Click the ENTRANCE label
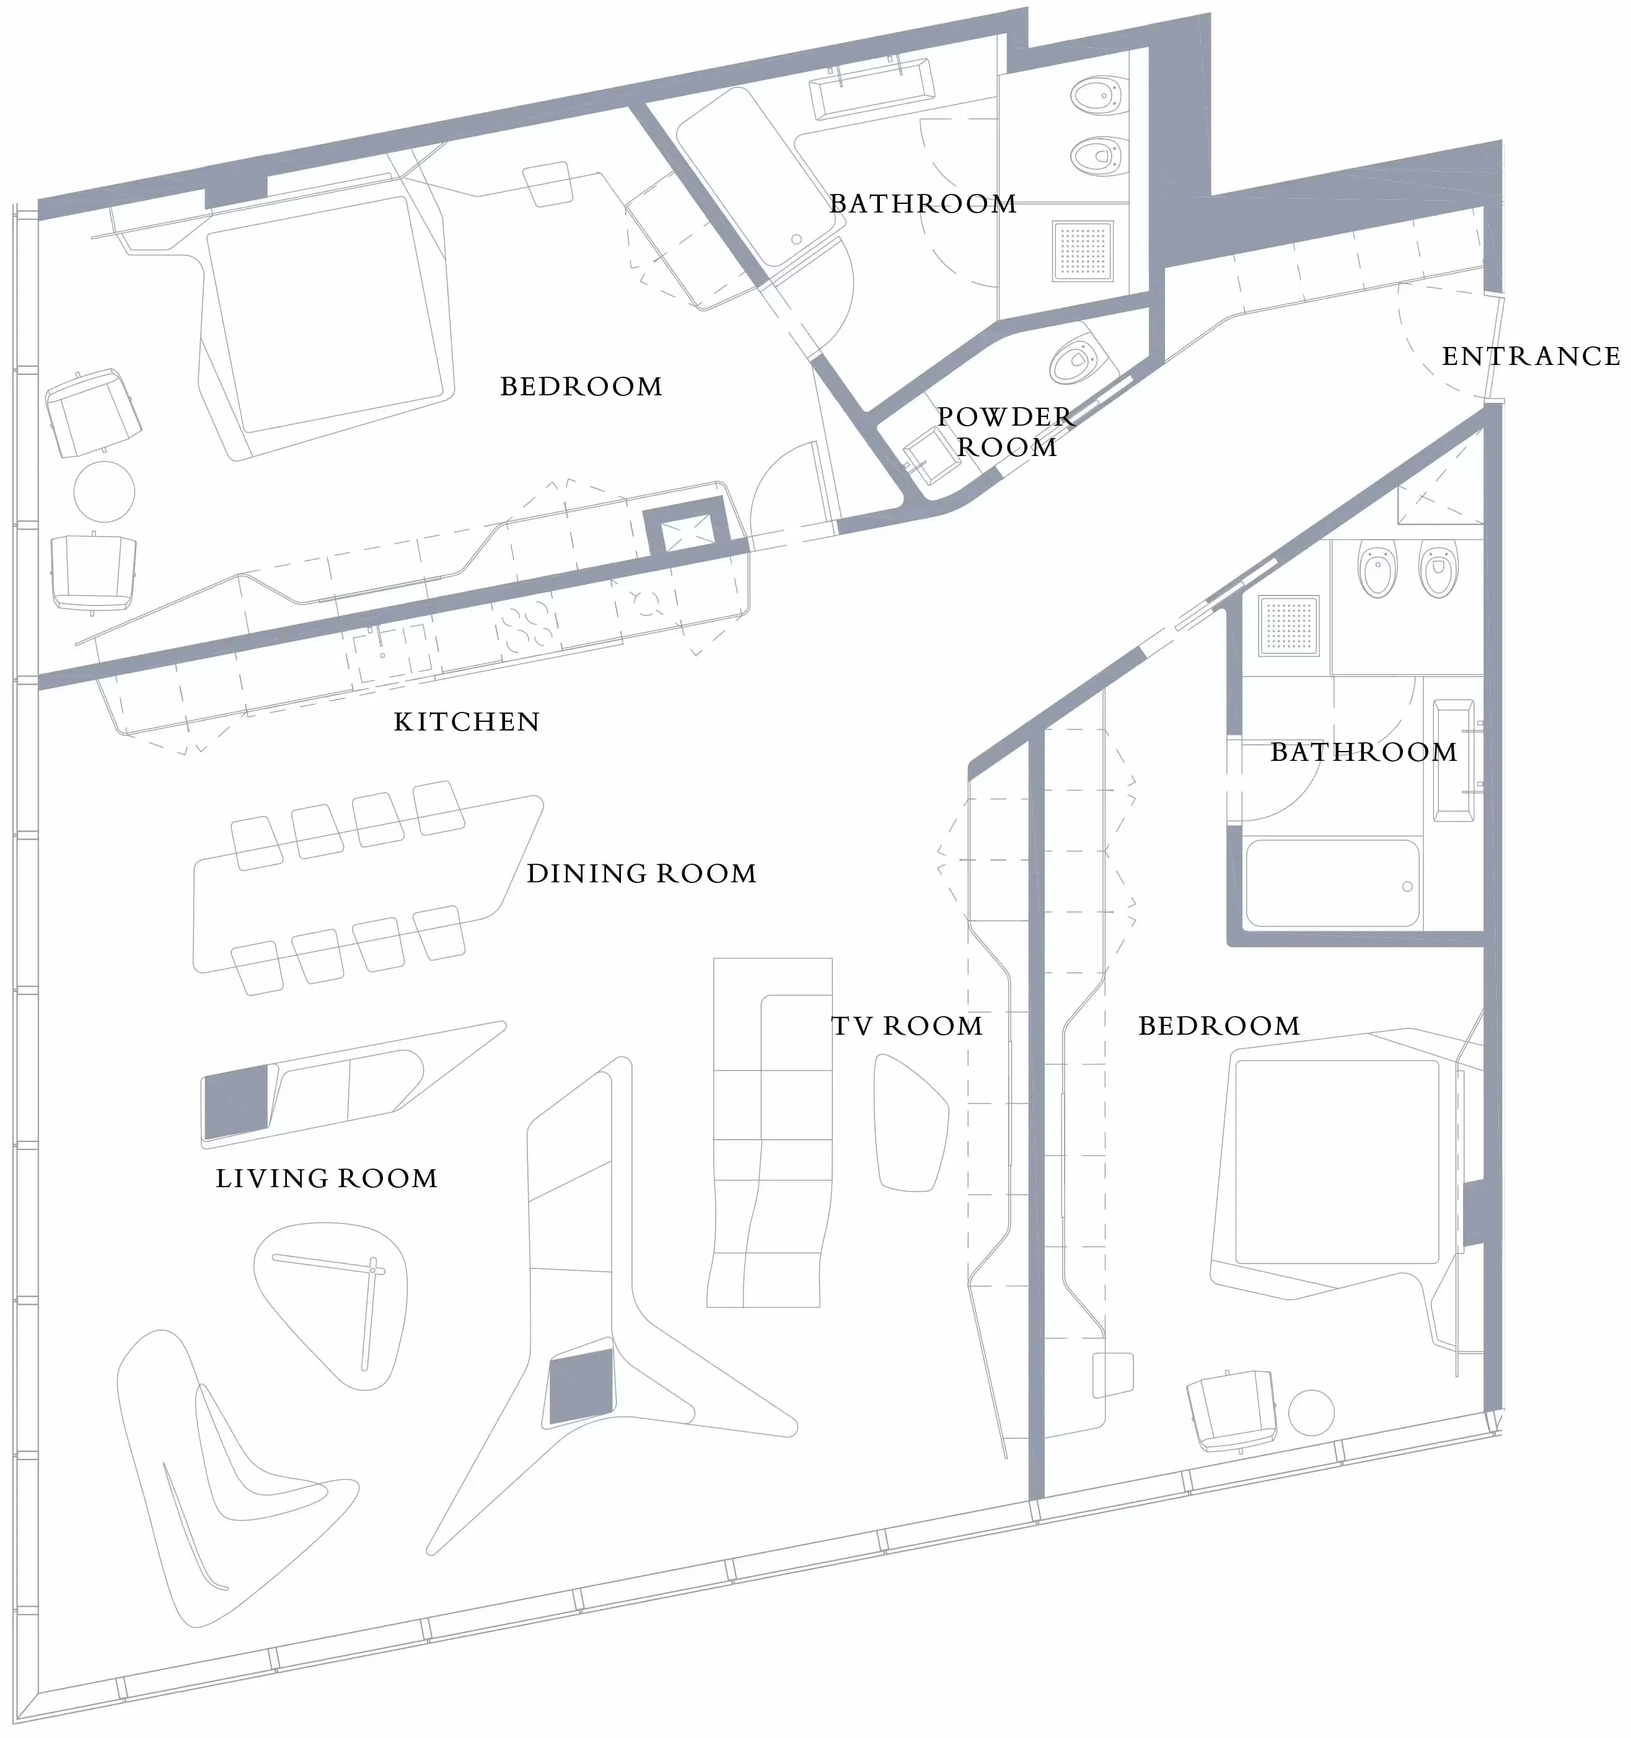(x=1531, y=357)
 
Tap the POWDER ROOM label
(x=1006, y=432)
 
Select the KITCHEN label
(x=467, y=722)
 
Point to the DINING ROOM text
(x=641, y=874)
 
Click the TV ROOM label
(x=907, y=1025)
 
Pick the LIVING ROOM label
(x=326, y=1178)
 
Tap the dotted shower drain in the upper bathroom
(x=1083, y=251)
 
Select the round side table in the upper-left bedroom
(x=104, y=492)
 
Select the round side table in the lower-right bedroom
(x=1311, y=1412)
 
